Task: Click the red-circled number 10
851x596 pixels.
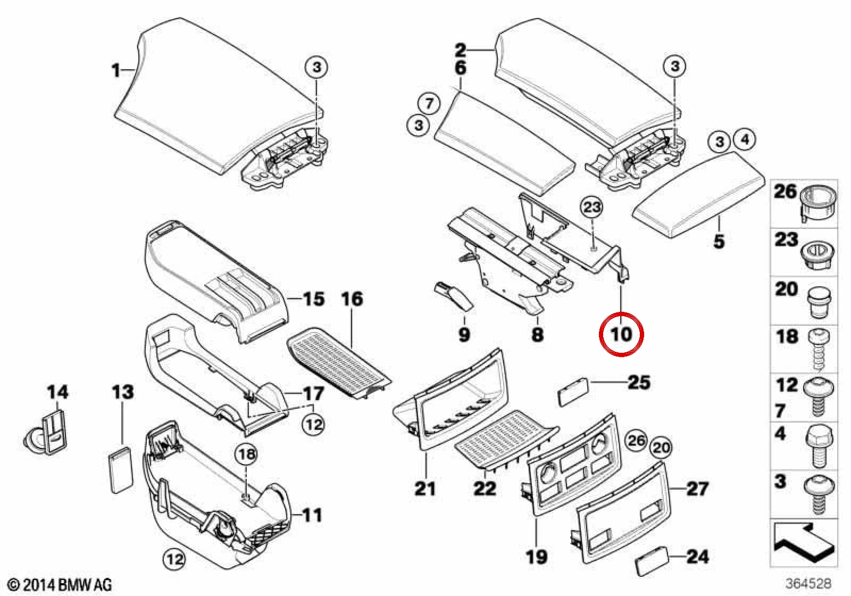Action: tap(621, 335)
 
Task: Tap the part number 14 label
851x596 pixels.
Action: tap(58, 392)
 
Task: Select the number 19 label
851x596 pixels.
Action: tap(537, 557)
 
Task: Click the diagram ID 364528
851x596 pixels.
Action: tap(808, 583)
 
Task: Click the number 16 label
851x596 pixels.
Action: tap(352, 299)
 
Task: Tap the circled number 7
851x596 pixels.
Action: tap(429, 103)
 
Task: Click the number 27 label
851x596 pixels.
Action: tap(697, 489)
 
